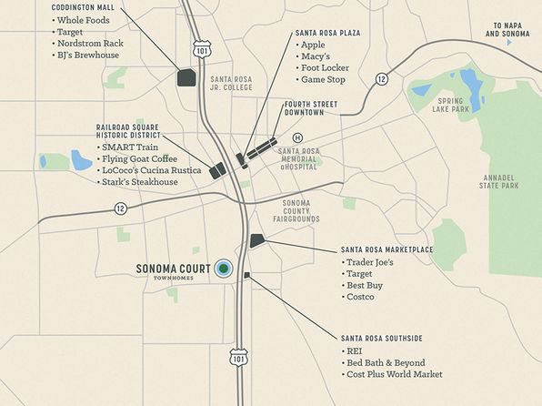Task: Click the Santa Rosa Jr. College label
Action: tap(230, 84)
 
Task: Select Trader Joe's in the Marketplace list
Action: tap(368, 263)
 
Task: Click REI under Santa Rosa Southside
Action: tap(355, 350)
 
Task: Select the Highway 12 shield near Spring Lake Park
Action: tap(382, 79)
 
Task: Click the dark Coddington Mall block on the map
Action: tap(186, 77)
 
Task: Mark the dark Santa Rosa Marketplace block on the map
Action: tap(256, 240)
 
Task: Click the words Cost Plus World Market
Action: tap(395, 374)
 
